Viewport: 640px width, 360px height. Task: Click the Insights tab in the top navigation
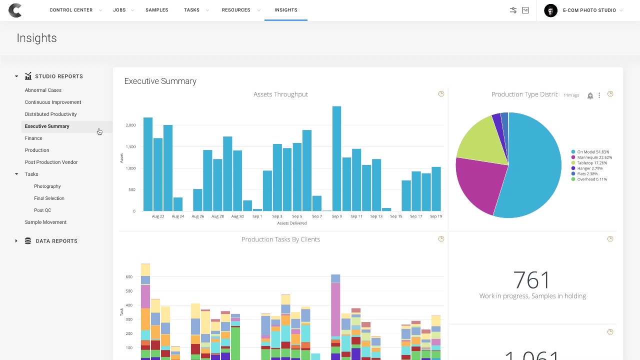(x=285, y=10)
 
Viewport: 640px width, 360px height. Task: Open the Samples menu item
(x=156, y=10)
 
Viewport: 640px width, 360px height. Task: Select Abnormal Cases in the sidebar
(x=43, y=90)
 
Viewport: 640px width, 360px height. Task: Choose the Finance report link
(x=33, y=138)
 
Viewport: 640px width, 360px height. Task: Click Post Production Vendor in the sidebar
(x=51, y=162)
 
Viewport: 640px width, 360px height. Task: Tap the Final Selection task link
(x=49, y=198)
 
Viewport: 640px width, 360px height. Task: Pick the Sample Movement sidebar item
(x=45, y=222)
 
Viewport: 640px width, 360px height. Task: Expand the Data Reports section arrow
(x=16, y=241)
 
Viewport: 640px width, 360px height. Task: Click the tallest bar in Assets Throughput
(x=336, y=158)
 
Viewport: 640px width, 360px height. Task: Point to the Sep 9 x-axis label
(x=336, y=216)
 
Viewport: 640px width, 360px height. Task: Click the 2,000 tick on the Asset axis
(x=130, y=125)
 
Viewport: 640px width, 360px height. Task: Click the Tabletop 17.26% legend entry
(x=592, y=163)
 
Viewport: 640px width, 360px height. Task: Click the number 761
(x=532, y=280)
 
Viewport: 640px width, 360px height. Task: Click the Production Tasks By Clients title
(x=280, y=239)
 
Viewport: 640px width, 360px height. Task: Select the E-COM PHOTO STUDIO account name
(x=589, y=10)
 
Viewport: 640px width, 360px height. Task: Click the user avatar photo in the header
(x=550, y=10)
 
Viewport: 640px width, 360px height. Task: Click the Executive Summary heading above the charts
(x=160, y=81)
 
